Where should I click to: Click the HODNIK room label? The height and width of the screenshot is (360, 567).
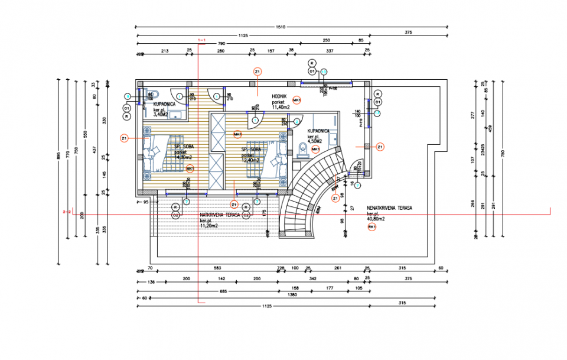279,96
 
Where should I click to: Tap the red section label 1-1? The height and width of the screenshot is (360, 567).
201,40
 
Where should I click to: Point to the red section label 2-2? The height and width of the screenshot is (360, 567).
67,211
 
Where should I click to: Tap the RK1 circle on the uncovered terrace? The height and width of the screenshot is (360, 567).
372,227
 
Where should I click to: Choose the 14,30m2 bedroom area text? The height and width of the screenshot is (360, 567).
183,157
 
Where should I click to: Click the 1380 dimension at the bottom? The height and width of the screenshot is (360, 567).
291,295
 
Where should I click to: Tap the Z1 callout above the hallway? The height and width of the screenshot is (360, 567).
258,72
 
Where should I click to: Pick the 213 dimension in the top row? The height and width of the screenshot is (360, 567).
165,51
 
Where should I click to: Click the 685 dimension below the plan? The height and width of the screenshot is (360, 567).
207,290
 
